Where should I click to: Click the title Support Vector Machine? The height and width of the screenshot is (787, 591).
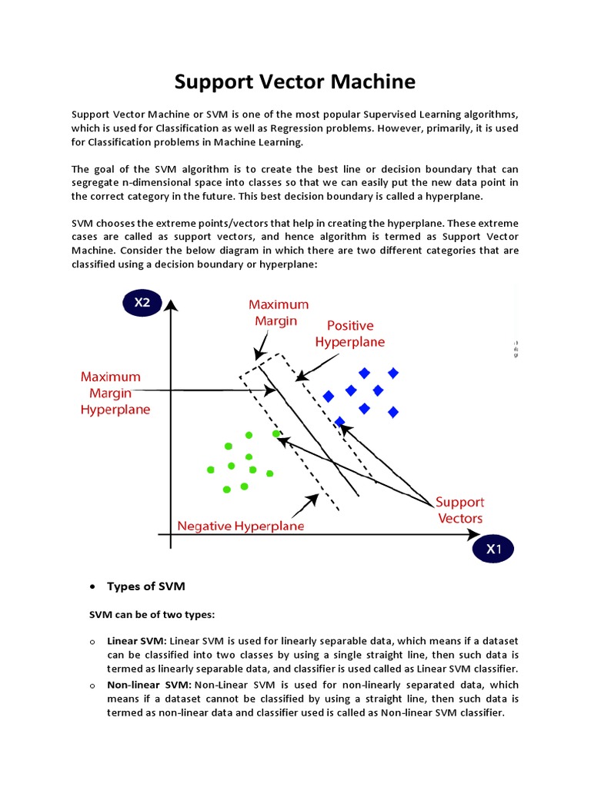(x=295, y=81)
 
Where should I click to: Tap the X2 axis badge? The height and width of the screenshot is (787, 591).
(x=142, y=303)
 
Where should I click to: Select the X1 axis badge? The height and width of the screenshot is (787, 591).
(x=493, y=549)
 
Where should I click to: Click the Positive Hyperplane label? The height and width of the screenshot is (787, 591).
(x=350, y=334)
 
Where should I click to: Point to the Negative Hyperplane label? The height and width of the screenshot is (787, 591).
(x=241, y=526)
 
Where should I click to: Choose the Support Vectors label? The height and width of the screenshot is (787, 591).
(x=460, y=510)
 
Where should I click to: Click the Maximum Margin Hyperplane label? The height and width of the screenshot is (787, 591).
(x=115, y=393)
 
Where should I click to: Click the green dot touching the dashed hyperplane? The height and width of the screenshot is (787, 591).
(x=276, y=434)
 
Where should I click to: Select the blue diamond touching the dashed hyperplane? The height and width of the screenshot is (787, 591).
(x=340, y=421)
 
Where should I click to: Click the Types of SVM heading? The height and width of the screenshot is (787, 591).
(x=146, y=586)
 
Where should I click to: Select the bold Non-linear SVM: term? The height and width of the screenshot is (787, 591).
(x=149, y=684)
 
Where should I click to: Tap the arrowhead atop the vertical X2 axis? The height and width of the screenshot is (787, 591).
(x=171, y=304)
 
